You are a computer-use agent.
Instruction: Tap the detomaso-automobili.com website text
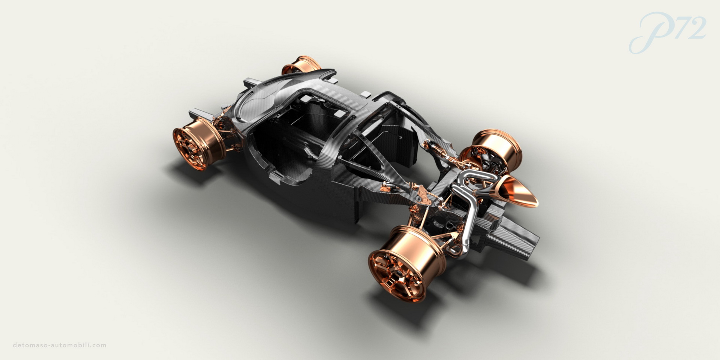click(60, 345)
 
